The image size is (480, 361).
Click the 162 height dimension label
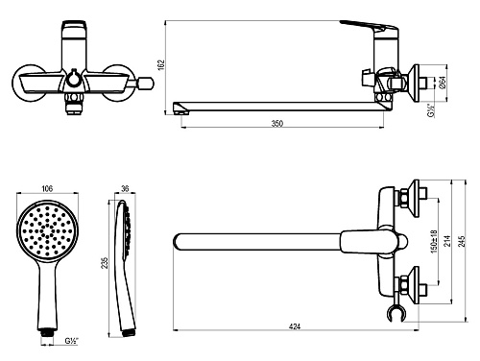pos(161,65)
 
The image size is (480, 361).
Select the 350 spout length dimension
pos(277,123)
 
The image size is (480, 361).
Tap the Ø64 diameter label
pos(443,83)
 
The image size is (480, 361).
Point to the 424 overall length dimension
pos(295,326)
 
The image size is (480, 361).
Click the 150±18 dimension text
pos(434,241)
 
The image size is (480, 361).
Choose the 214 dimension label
pos(448,241)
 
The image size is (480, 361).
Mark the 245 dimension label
pos(462,241)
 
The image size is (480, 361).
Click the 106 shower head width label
pos(47,189)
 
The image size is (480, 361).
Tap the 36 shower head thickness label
pos(125,189)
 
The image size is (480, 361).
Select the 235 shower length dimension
pos(105,262)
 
